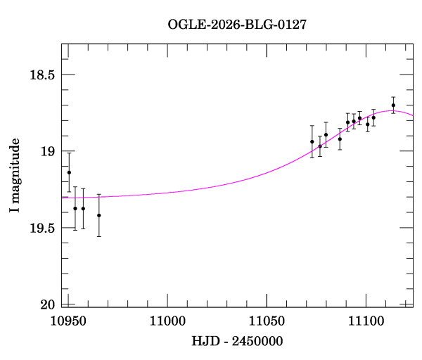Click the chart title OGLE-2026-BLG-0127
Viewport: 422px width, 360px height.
(237, 25)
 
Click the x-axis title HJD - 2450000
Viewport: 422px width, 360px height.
(237, 342)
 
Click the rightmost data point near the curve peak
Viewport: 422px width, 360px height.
(393, 105)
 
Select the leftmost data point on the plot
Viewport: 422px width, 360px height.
(69, 172)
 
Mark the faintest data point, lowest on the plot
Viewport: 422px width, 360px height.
(98, 215)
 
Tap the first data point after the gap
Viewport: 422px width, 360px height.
(312, 141)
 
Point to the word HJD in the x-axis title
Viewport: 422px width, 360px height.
(205, 342)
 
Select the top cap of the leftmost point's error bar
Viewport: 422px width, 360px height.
(69, 153)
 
